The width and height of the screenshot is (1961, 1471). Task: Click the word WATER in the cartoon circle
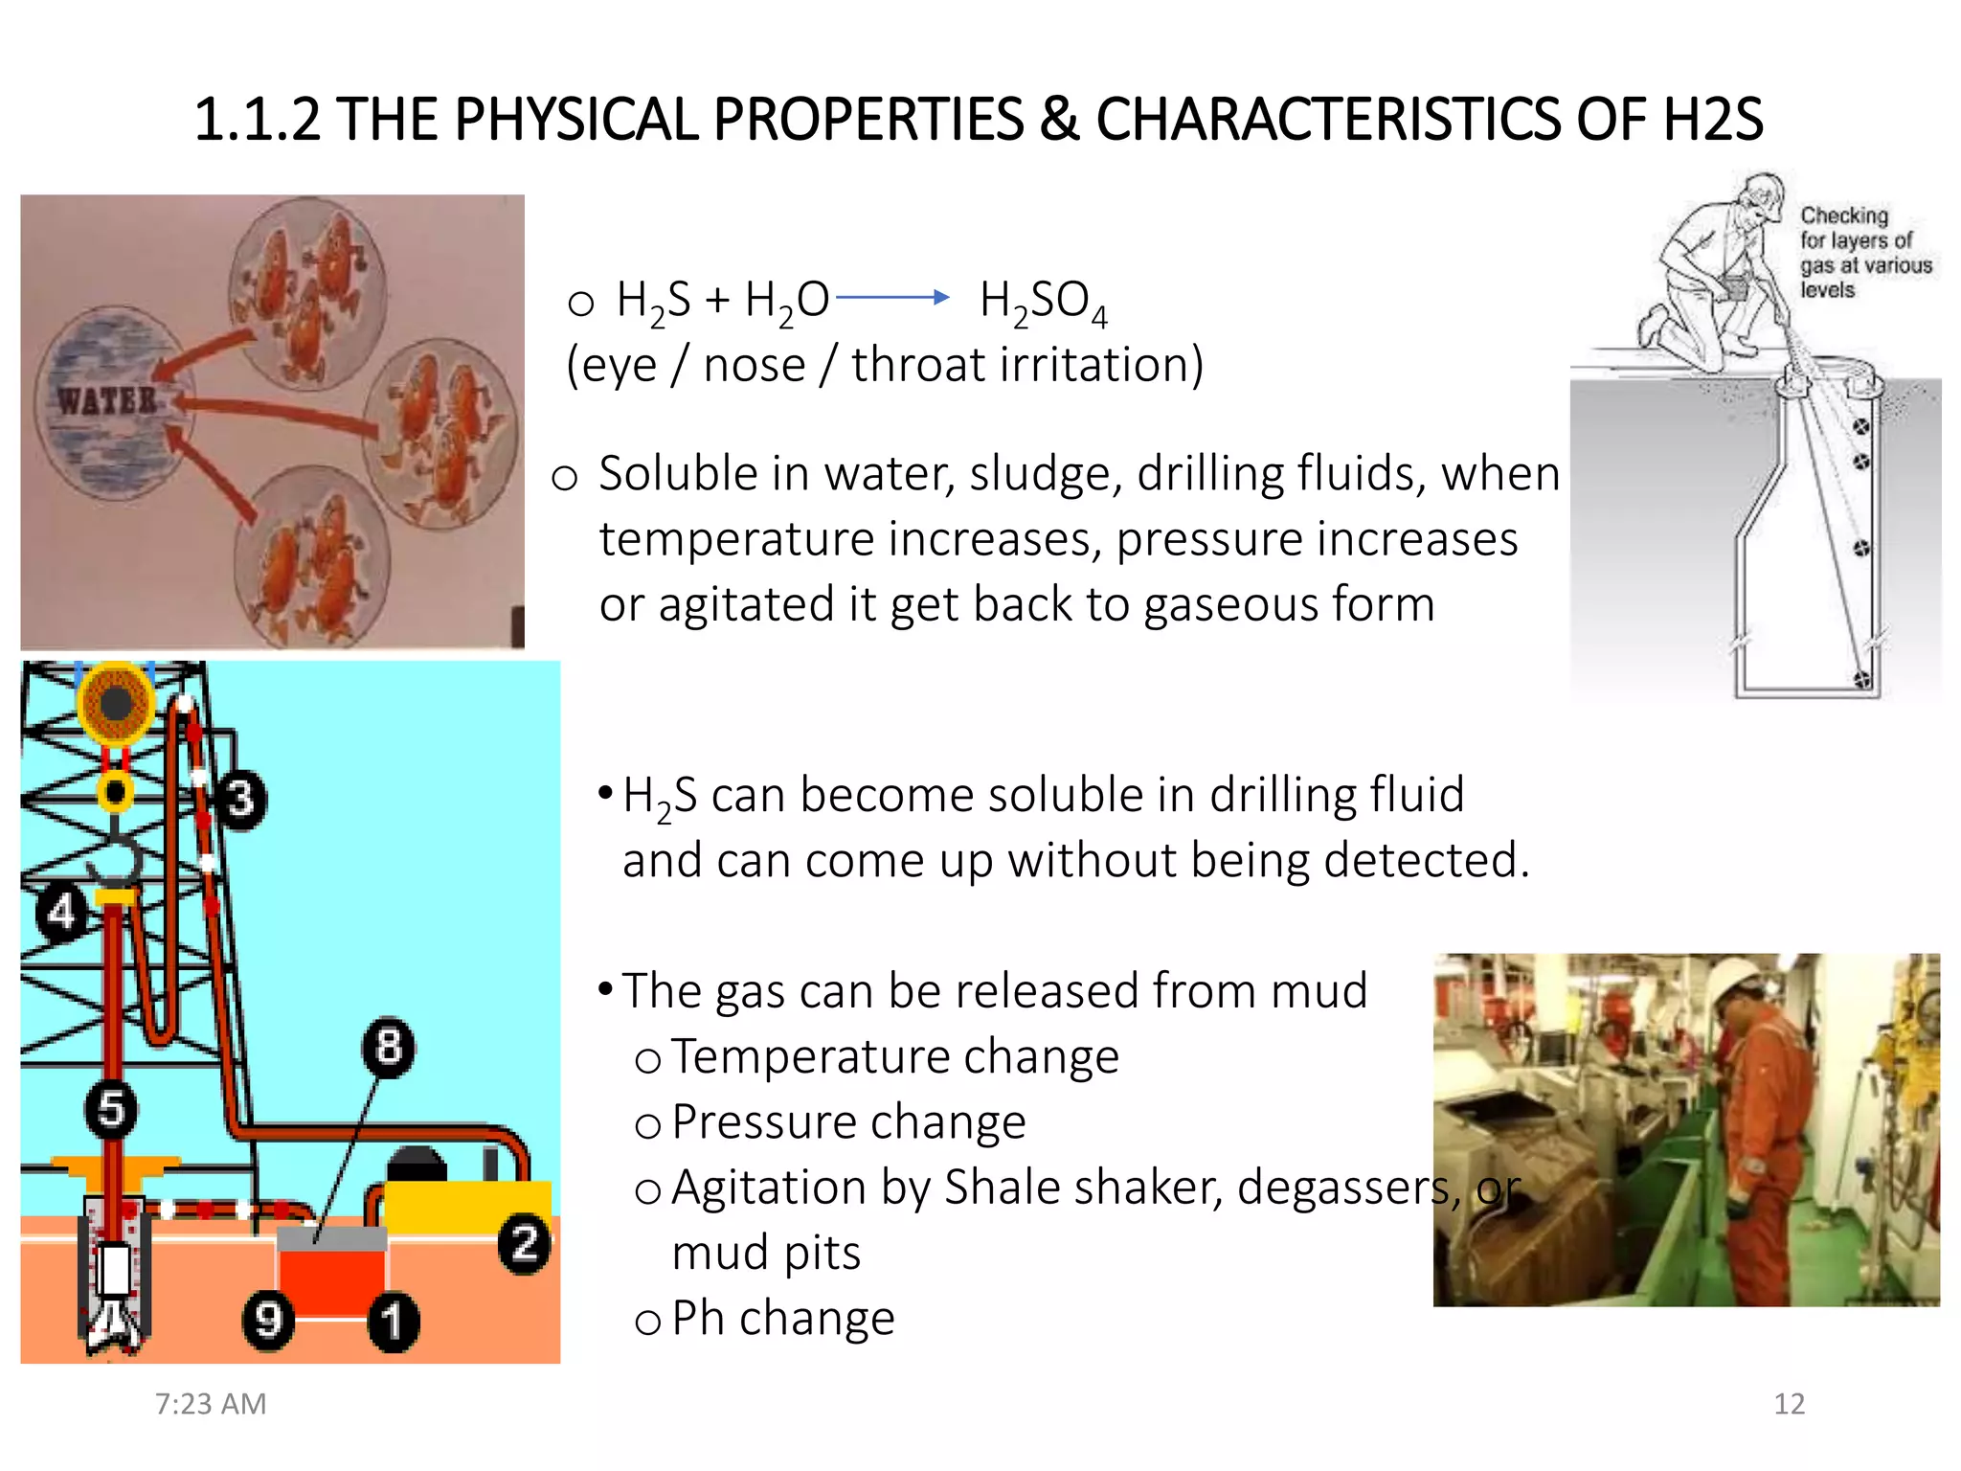coord(106,399)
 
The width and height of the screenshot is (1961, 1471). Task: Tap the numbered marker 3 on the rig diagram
coord(240,799)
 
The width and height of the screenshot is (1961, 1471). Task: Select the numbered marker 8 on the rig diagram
coord(388,1047)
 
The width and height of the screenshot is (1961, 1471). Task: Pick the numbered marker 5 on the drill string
coord(111,1109)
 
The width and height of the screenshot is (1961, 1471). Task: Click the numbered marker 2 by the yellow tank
coord(524,1244)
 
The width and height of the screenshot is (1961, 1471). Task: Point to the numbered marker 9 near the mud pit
coord(267,1320)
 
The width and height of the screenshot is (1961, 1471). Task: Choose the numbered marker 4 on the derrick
coord(61,912)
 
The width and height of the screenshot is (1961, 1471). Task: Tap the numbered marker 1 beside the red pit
coord(393,1322)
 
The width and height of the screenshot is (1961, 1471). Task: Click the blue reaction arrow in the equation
coord(891,298)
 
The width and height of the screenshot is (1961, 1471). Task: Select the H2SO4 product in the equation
coord(1043,303)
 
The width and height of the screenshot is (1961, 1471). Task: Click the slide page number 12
coord(1789,1404)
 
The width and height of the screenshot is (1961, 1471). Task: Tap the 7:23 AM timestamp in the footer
coord(211,1404)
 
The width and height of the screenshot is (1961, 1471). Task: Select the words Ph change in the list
coord(782,1319)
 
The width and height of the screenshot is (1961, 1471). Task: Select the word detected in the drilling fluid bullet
coord(1425,860)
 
